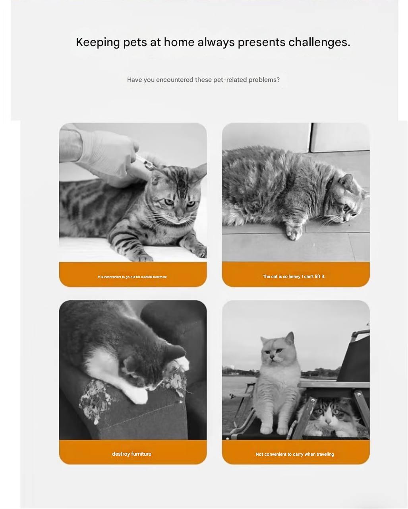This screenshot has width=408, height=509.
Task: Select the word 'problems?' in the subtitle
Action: (264, 80)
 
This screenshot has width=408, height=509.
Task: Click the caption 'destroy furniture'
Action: (131, 454)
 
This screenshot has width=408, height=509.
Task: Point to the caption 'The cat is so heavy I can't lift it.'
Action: (294, 276)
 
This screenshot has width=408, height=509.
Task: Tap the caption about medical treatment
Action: (132, 277)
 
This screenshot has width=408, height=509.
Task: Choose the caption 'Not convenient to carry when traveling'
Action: (295, 454)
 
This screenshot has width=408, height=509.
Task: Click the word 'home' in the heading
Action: (179, 42)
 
